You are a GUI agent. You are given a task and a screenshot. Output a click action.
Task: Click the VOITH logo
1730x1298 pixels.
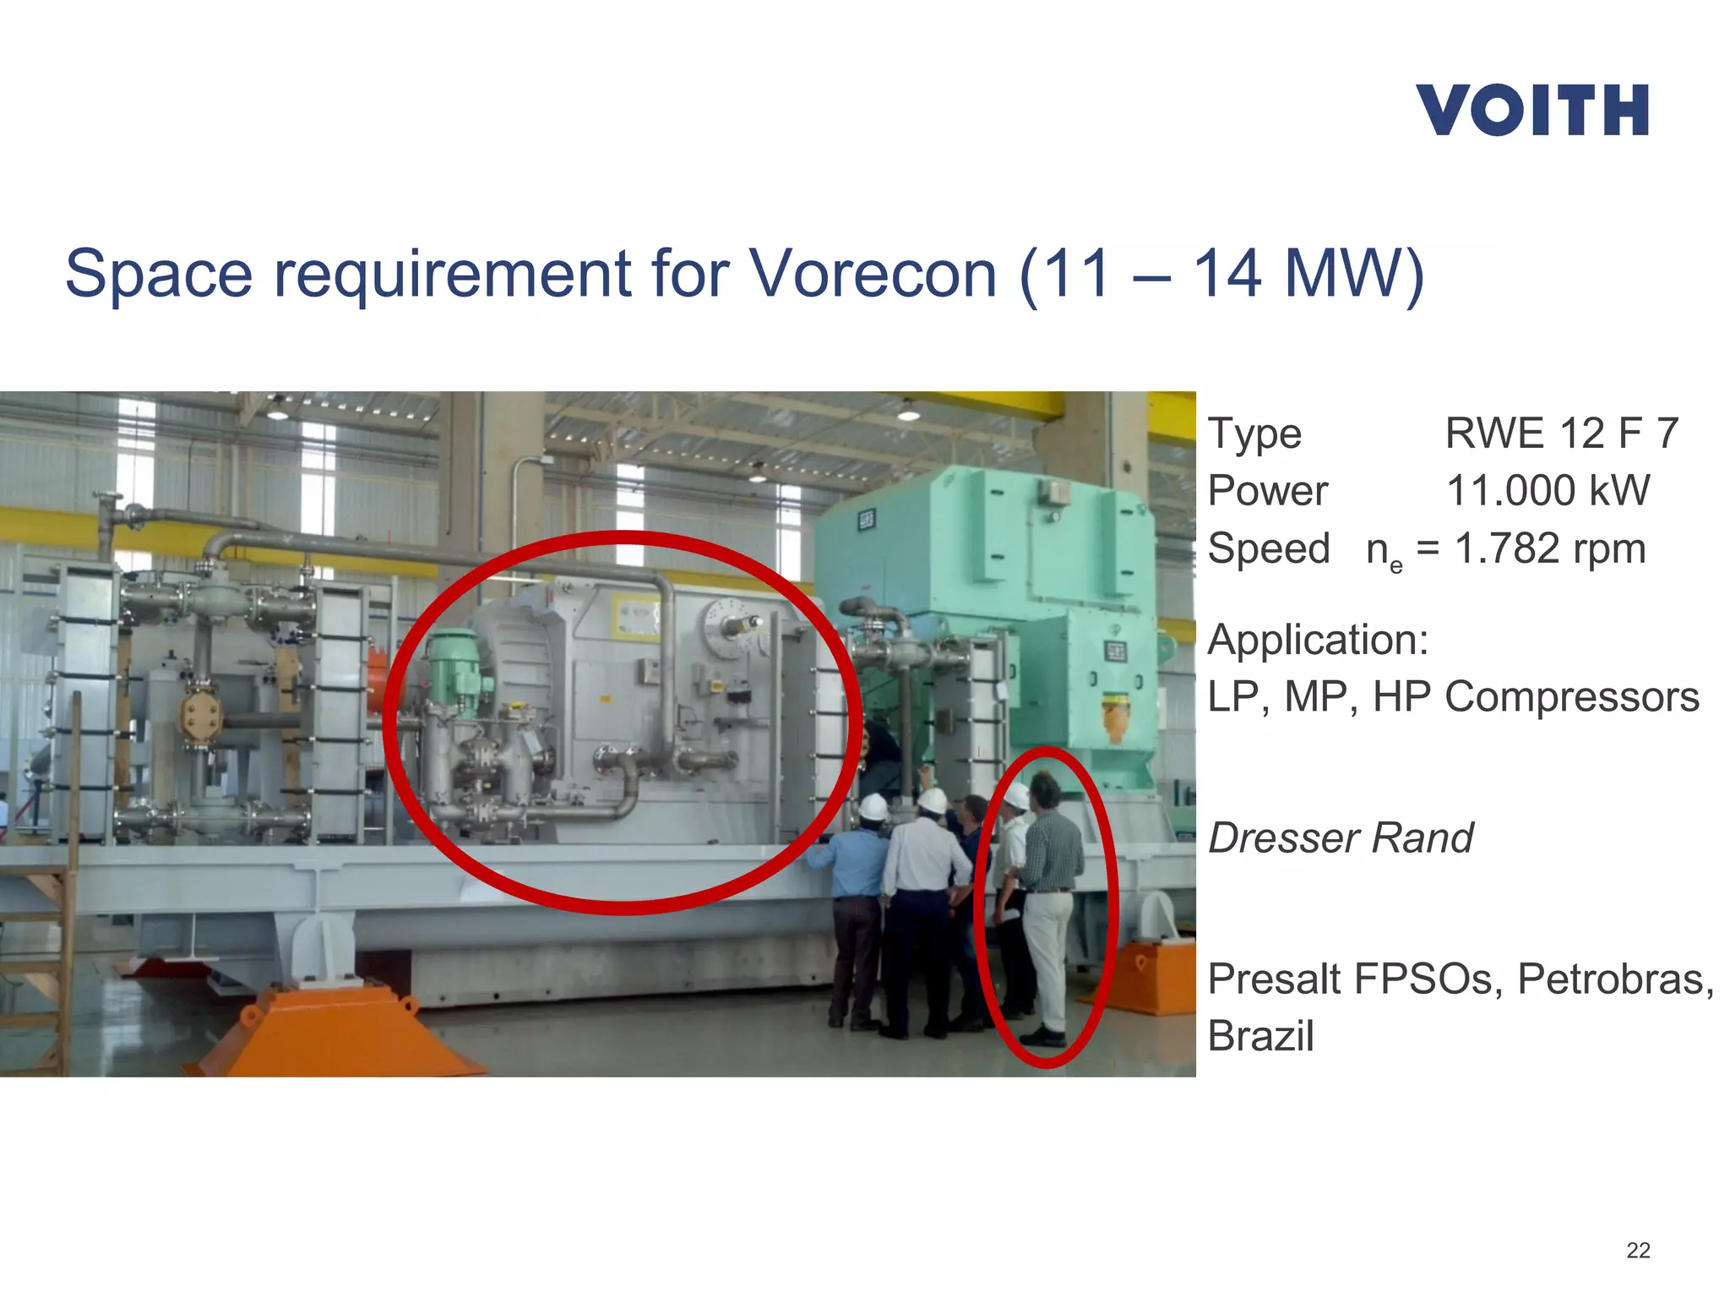tap(1531, 111)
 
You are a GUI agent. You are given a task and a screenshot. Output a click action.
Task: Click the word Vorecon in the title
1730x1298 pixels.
tap(873, 274)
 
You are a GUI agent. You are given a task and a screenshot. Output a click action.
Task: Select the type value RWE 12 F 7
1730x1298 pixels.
tap(1561, 434)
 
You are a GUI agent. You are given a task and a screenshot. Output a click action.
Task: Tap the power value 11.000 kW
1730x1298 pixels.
tap(1548, 491)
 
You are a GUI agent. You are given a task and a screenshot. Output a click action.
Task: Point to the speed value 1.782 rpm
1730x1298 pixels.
tap(1549, 548)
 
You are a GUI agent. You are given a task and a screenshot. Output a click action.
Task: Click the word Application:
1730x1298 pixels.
tap(1318, 640)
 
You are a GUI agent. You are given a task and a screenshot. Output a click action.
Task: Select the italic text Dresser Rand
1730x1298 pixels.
tap(1341, 838)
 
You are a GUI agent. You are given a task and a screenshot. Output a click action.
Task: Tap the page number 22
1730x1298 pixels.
tap(1638, 1250)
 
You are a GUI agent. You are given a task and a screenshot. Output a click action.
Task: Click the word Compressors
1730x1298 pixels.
tap(1571, 697)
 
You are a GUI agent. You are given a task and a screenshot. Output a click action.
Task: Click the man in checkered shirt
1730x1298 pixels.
tap(1049, 896)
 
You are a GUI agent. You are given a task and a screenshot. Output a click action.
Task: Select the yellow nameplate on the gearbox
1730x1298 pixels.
tap(636, 618)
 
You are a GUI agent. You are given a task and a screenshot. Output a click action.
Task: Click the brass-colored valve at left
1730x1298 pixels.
tap(201, 718)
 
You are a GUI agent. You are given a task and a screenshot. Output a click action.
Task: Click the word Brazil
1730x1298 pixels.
tap(1260, 1037)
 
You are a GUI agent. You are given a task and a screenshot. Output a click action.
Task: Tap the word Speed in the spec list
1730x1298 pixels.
tap(1268, 548)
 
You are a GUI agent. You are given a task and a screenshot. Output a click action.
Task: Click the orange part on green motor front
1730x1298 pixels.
tap(1116, 715)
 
